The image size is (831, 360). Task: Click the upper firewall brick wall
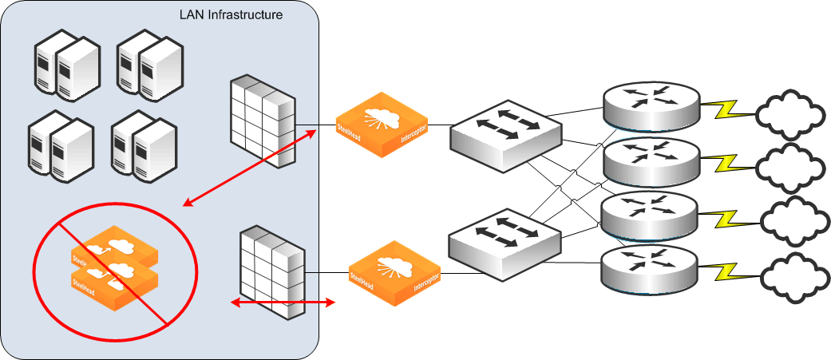coord(263,122)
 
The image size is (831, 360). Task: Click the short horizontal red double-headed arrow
coord(282,303)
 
